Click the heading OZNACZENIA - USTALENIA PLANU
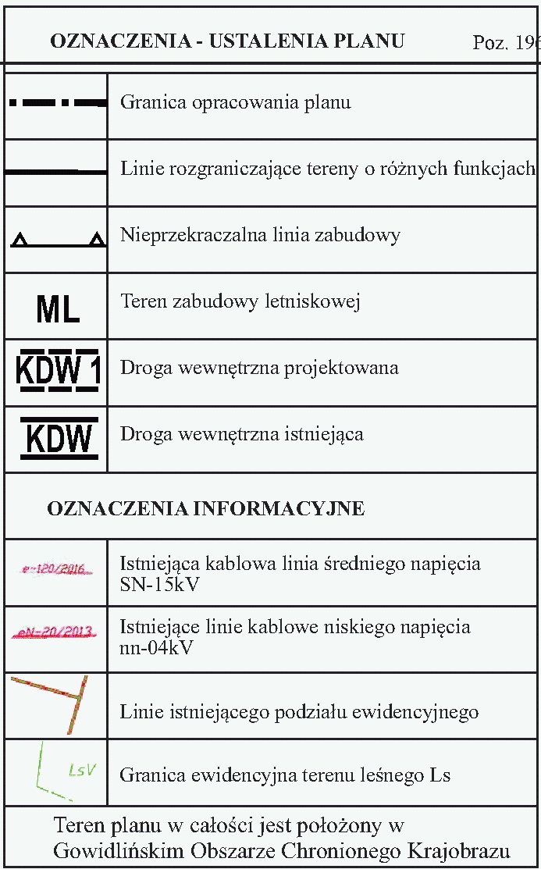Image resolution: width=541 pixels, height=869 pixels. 227,41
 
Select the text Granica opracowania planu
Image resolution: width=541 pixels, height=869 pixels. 235,102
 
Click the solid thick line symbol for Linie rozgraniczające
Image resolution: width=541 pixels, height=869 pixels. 55,171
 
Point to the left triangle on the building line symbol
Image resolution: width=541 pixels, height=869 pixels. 20,240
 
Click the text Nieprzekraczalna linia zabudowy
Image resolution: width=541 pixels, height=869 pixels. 260,235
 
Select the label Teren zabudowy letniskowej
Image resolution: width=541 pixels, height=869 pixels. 240,301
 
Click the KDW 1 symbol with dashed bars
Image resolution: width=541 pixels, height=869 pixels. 58,372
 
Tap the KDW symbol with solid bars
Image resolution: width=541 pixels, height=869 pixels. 59,439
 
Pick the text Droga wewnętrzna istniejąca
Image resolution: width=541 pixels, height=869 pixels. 241,434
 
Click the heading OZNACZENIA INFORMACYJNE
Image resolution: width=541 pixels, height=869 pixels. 206,509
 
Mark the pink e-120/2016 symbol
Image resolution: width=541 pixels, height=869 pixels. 55,569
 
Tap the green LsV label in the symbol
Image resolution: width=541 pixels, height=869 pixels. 81,770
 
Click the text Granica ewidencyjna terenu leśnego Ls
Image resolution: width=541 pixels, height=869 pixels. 285,775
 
